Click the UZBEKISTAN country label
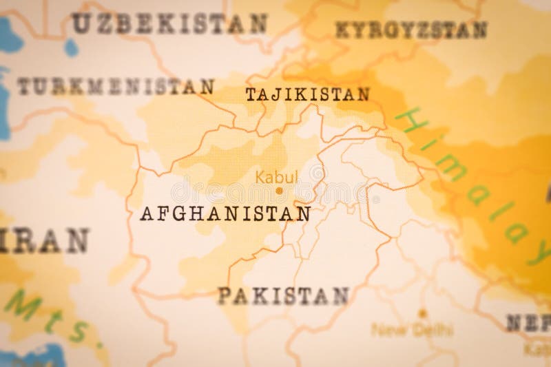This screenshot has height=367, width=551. [x=169, y=23]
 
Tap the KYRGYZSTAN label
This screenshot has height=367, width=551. [x=411, y=30]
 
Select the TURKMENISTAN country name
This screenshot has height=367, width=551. [x=115, y=87]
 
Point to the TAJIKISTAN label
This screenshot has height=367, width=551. [x=307, y=94]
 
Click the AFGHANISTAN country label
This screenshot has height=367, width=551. [x=225, y=213]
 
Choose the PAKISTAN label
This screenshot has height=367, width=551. [x=283, y=296]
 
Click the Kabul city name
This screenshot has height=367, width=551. [x=276, y=177]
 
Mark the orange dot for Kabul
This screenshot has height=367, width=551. [x=279, y=190]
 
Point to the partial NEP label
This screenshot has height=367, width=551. [x=528, y=322]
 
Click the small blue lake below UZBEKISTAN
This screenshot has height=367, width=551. [x=71, y=48]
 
